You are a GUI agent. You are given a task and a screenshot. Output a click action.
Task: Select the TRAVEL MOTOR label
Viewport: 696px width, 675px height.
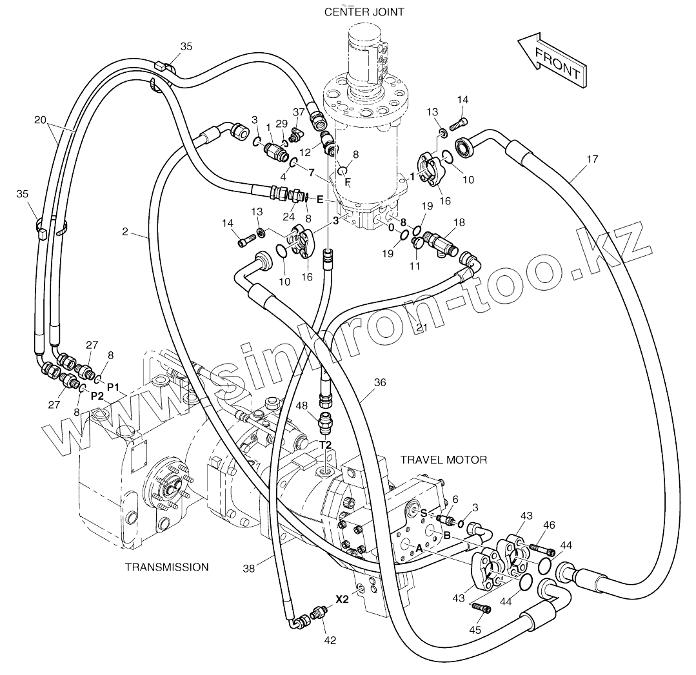[443, 460]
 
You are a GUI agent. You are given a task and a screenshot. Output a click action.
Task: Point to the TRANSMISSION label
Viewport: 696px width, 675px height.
[166, 567]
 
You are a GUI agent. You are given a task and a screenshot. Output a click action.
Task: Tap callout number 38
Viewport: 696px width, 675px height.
[248, 569]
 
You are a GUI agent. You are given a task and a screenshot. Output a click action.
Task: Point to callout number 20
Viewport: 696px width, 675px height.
[41, 119]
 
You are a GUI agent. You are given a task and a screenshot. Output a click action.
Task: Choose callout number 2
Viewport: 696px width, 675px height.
[125, 231]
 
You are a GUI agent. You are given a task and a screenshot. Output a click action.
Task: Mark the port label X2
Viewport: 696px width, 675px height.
[342, 599]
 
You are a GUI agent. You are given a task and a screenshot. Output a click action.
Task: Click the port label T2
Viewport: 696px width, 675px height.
[325, 445]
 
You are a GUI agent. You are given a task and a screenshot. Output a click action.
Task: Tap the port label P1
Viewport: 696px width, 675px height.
[114, 387]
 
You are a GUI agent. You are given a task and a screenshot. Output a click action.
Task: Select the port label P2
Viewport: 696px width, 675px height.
[97, 395]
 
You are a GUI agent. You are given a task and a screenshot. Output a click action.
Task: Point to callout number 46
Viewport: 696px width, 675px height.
[549, 525]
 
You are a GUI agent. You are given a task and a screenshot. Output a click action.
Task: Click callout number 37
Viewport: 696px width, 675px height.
[299, 112]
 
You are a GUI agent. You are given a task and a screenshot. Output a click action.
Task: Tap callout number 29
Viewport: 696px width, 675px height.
[281, 123]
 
